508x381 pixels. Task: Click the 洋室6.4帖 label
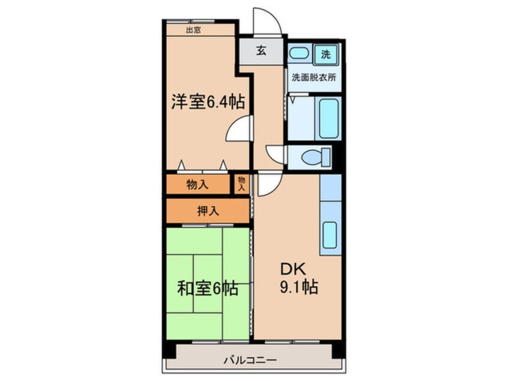(208, 102)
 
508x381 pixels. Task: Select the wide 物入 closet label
(197, 185)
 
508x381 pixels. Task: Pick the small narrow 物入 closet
(241, 183)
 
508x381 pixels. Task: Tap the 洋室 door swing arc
(240, 127)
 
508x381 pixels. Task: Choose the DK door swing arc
(267, 183)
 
